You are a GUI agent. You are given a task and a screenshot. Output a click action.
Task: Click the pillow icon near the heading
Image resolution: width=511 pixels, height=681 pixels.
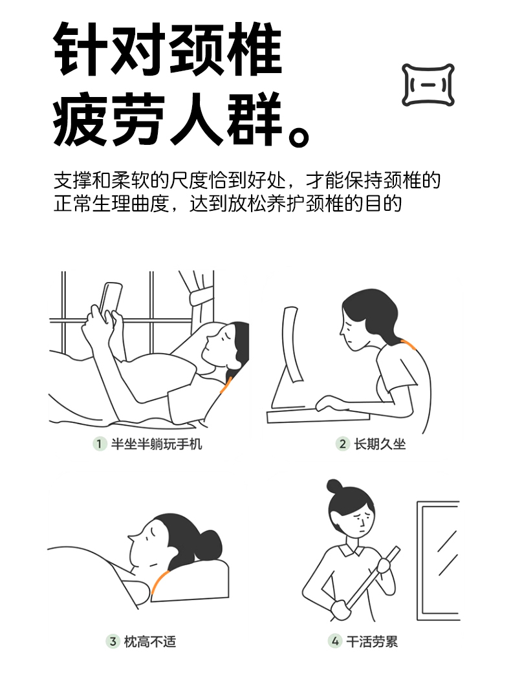click(x=428, y=85)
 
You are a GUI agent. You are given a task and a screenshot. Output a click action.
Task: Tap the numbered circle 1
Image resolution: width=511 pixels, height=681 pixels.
click(x=100, y=444)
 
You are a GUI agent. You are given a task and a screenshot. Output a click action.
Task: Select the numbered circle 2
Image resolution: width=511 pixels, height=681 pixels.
click(x=342, y=444)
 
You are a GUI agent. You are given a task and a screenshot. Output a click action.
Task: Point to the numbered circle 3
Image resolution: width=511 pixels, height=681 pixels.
click(x=113, y=641)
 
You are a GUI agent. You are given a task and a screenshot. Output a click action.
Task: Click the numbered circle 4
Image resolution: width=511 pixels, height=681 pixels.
click(x=335, y=641)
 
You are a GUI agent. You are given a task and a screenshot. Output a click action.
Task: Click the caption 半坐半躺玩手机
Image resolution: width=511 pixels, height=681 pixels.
click(x=157, y=444)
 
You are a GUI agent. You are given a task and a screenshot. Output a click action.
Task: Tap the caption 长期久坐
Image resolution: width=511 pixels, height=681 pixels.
click(x=380, y=444)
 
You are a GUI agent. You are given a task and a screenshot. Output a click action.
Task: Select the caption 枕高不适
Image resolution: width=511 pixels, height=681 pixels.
click(x=150, y=641)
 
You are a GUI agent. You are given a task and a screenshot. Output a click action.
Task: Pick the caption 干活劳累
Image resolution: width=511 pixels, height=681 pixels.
click(x=372, y=641)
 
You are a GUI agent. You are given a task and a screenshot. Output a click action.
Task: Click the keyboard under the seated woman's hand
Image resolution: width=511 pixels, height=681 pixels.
click(x=318, y=416)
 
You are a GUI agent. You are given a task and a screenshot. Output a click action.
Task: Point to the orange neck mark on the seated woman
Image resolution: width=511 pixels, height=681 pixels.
click(x=408, y=345)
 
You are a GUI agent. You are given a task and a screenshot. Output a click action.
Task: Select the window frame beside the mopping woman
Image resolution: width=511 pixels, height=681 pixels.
click(x=438, y=561)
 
